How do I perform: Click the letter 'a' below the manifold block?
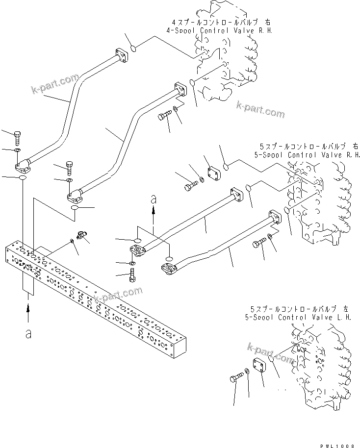[x=28, y=333]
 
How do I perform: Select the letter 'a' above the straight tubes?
[x=154, y=199]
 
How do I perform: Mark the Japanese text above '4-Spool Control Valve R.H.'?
[x=220, y=23]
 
